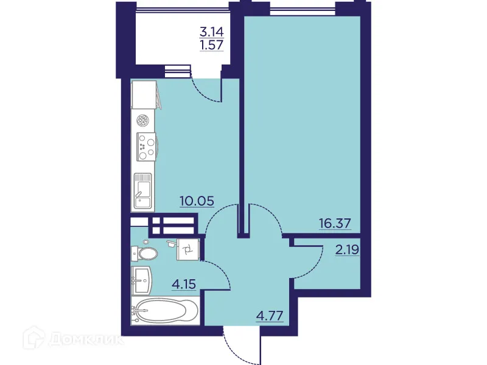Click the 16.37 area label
point(335,223)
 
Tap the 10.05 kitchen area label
point(197,201)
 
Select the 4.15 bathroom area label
point(184,284)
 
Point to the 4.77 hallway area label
point(270,316)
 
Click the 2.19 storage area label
point(347,249)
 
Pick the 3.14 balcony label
point(212,32)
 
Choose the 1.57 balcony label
point(212,45)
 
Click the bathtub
point(165,311)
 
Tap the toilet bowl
point(145,254)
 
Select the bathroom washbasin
point(142,280)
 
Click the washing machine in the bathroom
point(188,249)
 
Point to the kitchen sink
point(142,190)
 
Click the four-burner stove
point(147,146)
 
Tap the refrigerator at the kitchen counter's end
point(144,95)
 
